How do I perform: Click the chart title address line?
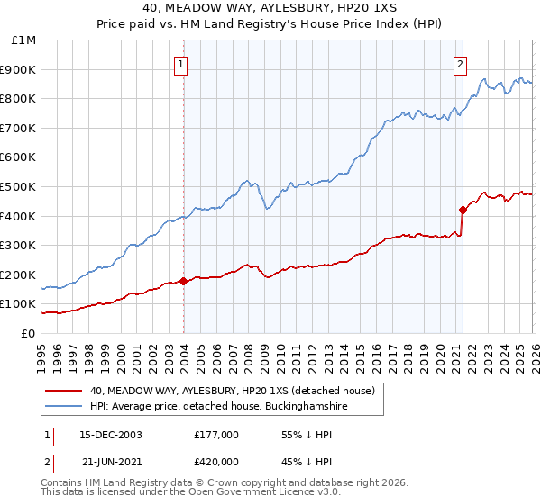tap(270, 7)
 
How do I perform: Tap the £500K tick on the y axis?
tap(18, 186)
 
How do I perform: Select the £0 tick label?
tap(28, 333)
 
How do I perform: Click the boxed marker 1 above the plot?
tap(182, 64)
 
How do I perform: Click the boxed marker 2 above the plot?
tap(461, 64)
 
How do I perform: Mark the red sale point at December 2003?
tap(184, 281)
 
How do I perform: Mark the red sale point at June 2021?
tap(463, 210)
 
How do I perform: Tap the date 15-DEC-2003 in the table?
tap(111, 434)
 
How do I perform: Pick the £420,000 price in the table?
tap(216, 461)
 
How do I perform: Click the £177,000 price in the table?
tap(216, 434)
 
